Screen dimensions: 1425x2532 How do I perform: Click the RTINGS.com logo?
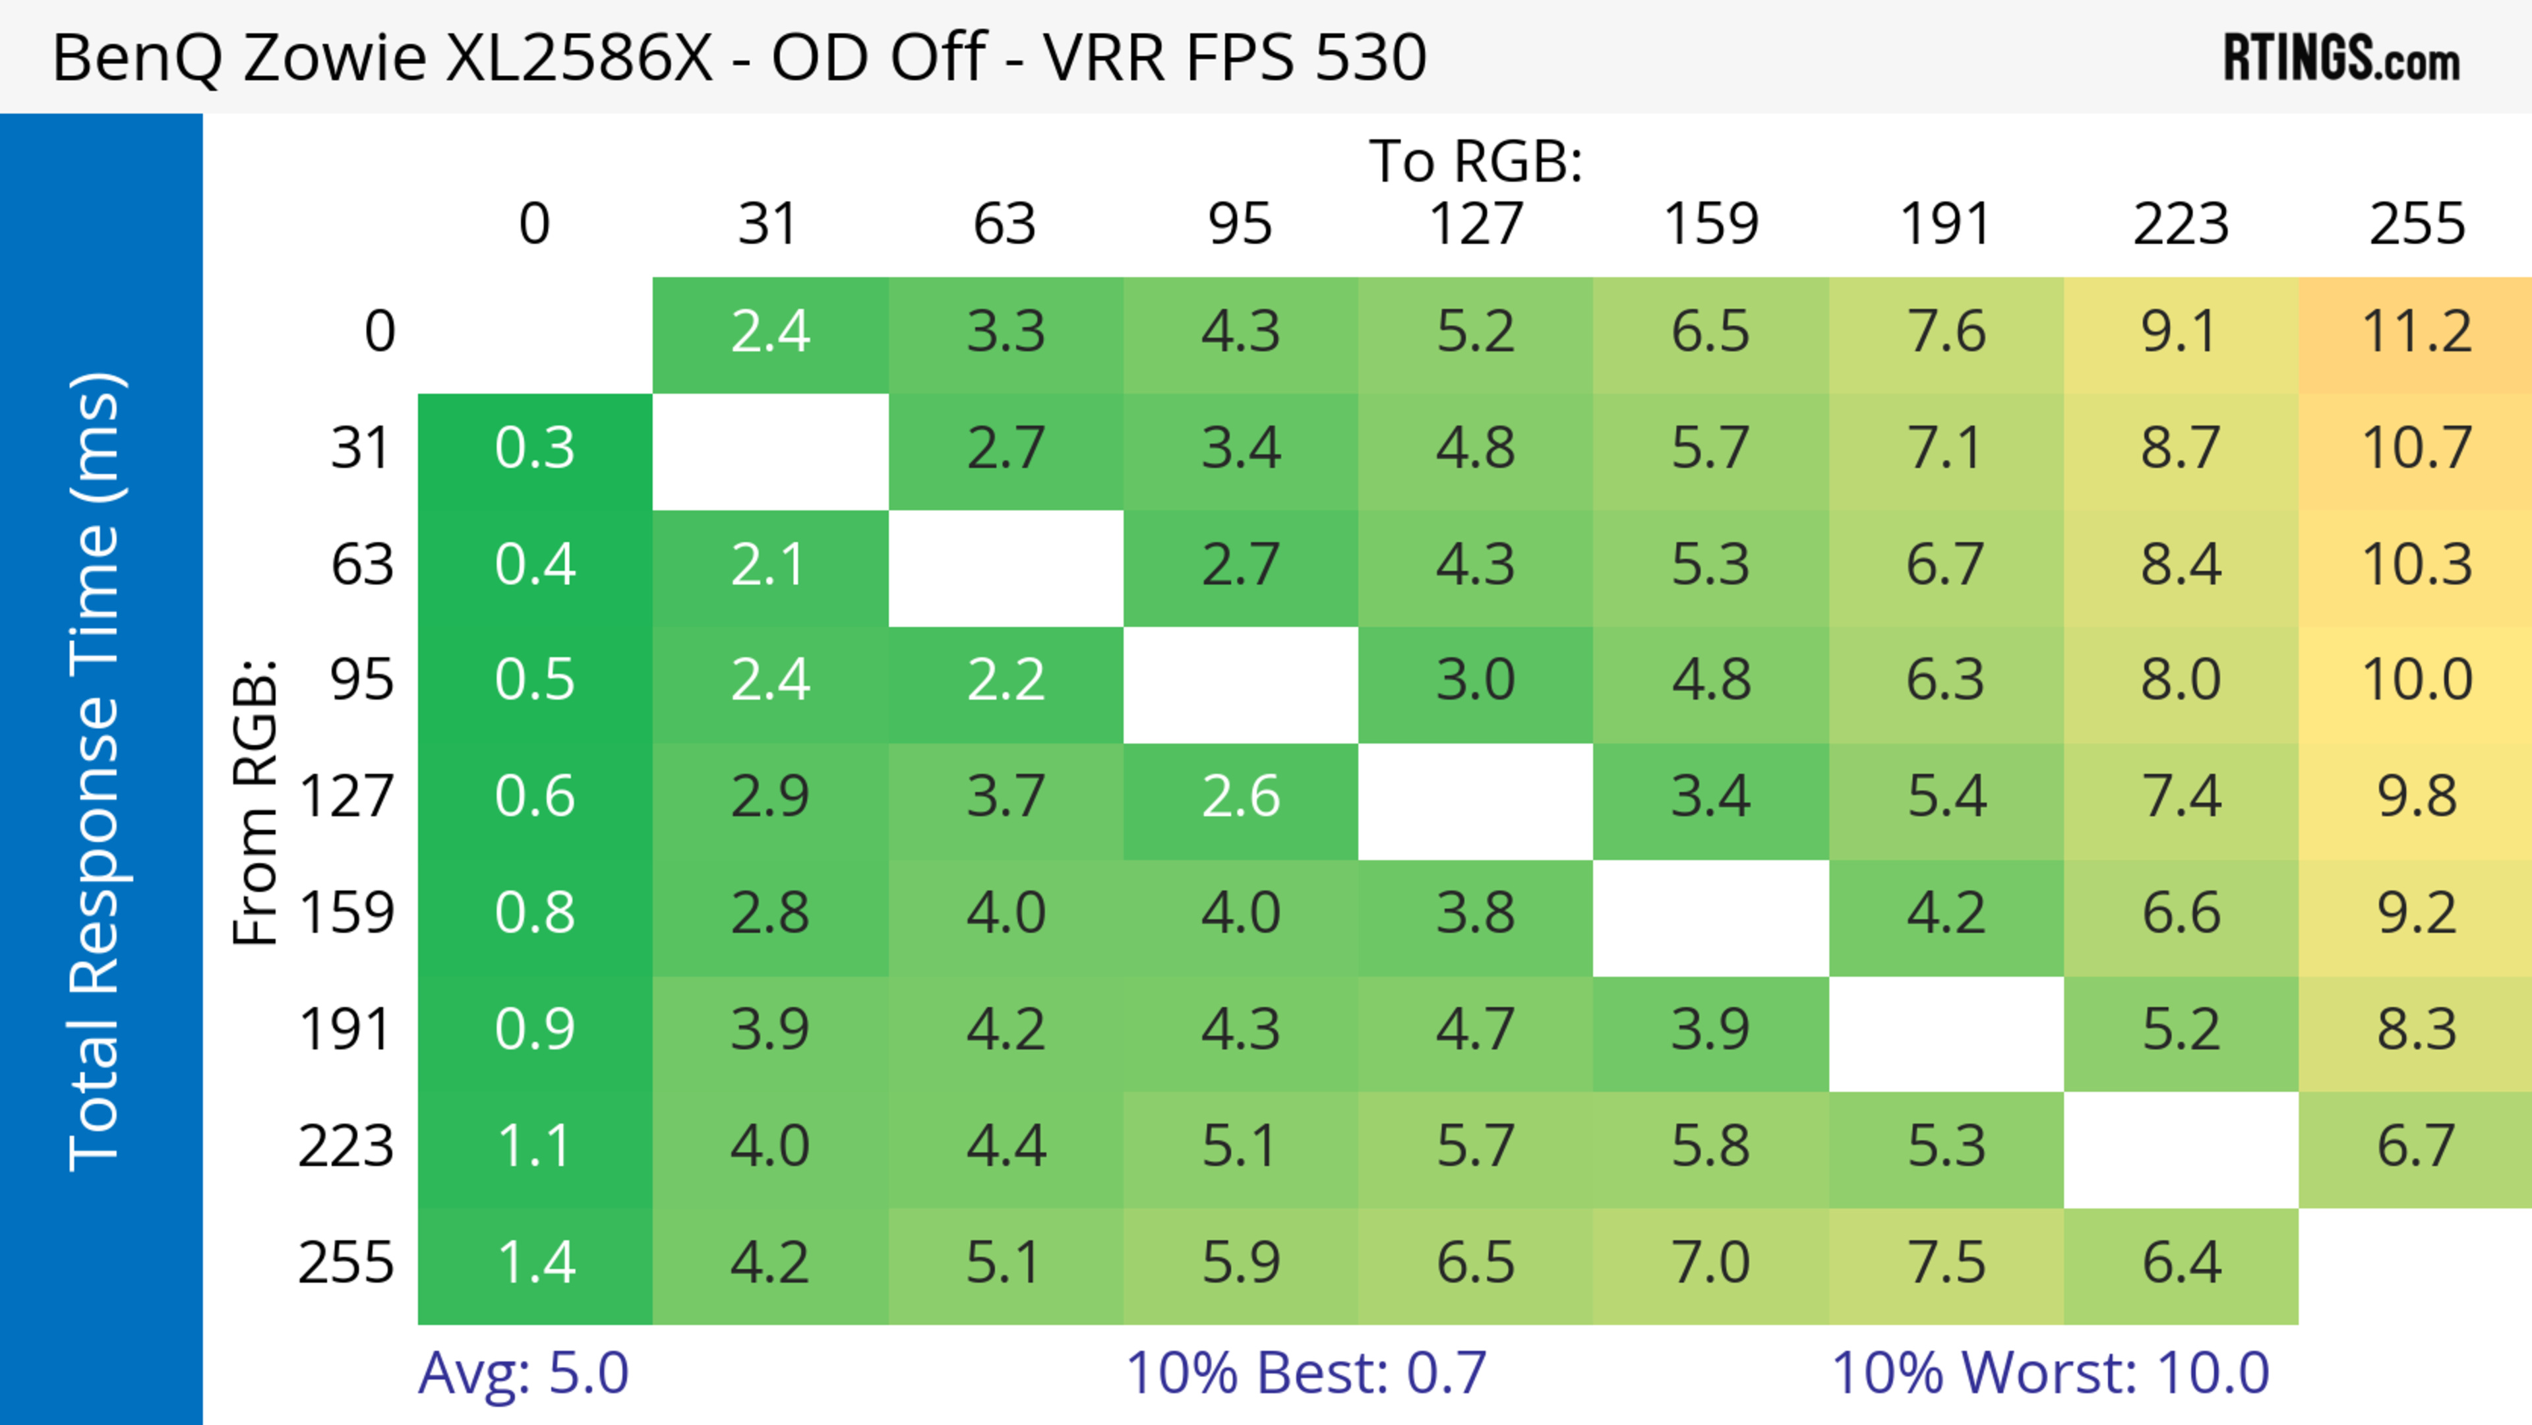[x=2341, y=57]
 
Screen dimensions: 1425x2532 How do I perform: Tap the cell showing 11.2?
[x=2416, y=332]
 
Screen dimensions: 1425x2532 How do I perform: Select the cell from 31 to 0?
[x=535, y=449]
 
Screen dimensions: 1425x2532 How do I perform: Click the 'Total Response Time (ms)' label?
[x=96, y=772]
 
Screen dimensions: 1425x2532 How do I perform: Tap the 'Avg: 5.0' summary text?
[x=523, y=1373]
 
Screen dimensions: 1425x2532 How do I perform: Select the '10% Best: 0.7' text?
[x=1306, y=1373]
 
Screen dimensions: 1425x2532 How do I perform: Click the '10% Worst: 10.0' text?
[x=2051, y=1373]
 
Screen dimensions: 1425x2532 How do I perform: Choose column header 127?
[x=1476, y=224]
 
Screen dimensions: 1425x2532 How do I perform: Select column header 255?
[x=2416, y=224]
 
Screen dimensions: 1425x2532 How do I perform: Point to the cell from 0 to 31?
[x=769, y=332]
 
